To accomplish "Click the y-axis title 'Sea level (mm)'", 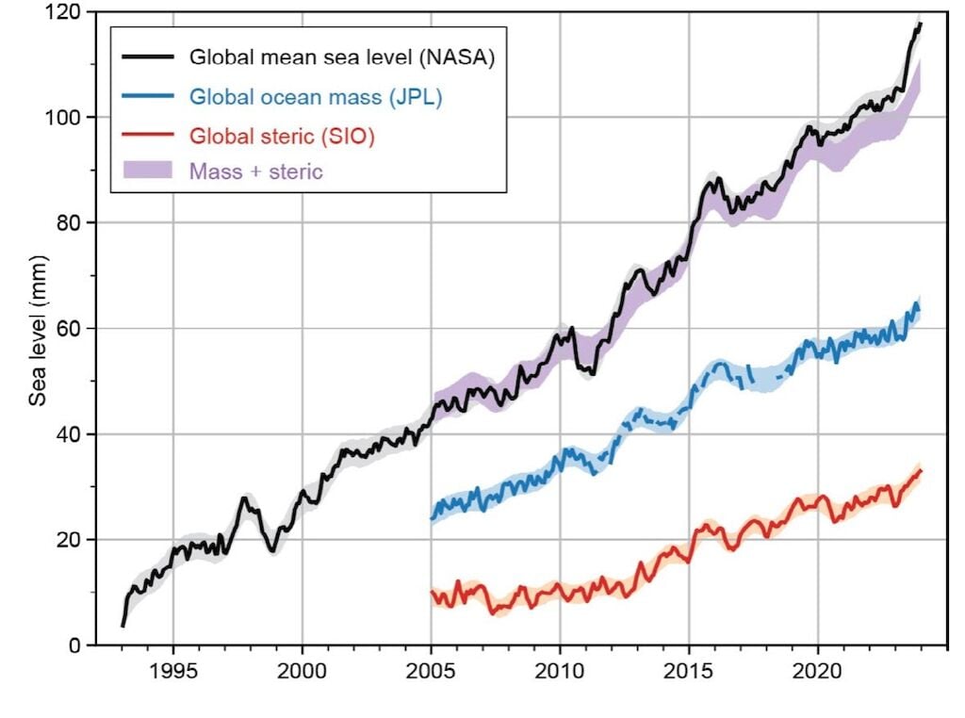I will click(x=38, y=328).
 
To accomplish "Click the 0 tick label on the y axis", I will click(x=74, y=645).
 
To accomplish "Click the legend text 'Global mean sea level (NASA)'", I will click(x=342, y=57).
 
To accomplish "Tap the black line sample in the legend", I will click(x=148, y=57).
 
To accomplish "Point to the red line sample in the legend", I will click(x=148, y=134).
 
